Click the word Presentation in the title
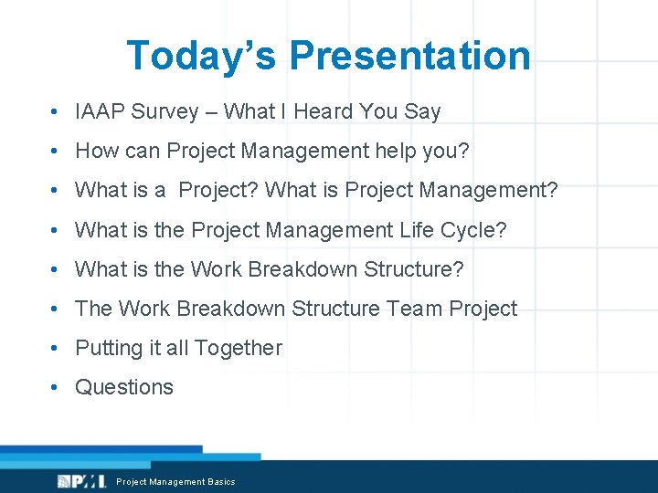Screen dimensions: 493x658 (409, 55)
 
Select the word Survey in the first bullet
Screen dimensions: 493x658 (164, 112)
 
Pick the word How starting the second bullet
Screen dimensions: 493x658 (94, 152)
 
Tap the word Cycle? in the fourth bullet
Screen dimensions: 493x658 (477, 230)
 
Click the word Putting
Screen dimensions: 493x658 (108, 348)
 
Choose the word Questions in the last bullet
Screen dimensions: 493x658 (124, 387)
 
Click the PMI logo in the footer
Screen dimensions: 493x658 (80, 481)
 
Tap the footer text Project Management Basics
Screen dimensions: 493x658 (175, 482)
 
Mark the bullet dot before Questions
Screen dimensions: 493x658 (57, 387)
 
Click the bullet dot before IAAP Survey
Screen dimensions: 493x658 (57, 112)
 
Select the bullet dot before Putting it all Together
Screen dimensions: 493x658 (57, 348)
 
